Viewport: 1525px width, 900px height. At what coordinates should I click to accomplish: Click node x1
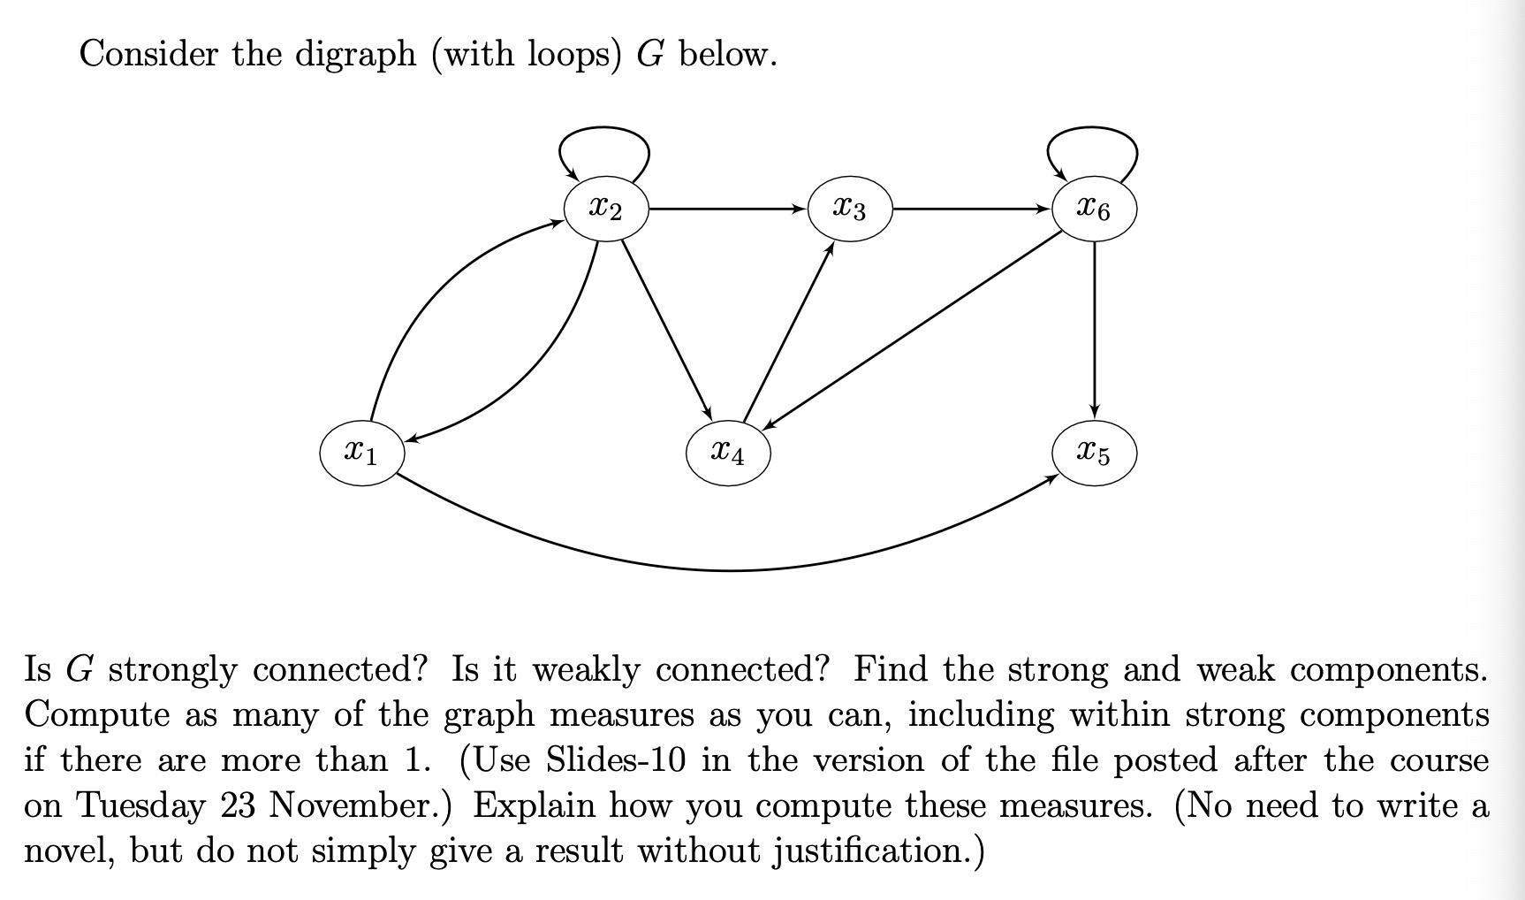(x=362, y=453)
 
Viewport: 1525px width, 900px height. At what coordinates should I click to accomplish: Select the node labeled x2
(x=606, y=209)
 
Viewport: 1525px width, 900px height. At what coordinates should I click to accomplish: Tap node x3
(x=850, y=209)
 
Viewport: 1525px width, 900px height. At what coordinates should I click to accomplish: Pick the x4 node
(x=728, y=453)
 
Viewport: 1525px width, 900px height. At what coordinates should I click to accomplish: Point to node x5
(x=1094, y=453)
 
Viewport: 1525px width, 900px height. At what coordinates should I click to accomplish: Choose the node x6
(x=1094, y=209)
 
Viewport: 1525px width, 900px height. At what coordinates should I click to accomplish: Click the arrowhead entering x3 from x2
(x=800, y=210)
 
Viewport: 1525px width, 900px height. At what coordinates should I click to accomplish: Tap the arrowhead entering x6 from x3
(x=1043, y=210)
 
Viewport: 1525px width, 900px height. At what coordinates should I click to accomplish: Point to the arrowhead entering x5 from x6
(x=1095, y=412)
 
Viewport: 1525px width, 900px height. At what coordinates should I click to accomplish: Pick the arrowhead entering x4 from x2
(x=708, y=414)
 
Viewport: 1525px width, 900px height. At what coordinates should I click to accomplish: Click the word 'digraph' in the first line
(x=355, y=55)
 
